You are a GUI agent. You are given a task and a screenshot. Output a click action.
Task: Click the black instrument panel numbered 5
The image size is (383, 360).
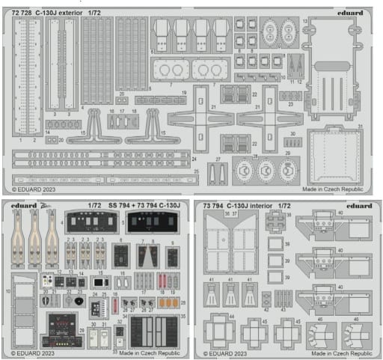point(153,222)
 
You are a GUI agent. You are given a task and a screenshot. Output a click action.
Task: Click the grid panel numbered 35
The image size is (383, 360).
point(154,330)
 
